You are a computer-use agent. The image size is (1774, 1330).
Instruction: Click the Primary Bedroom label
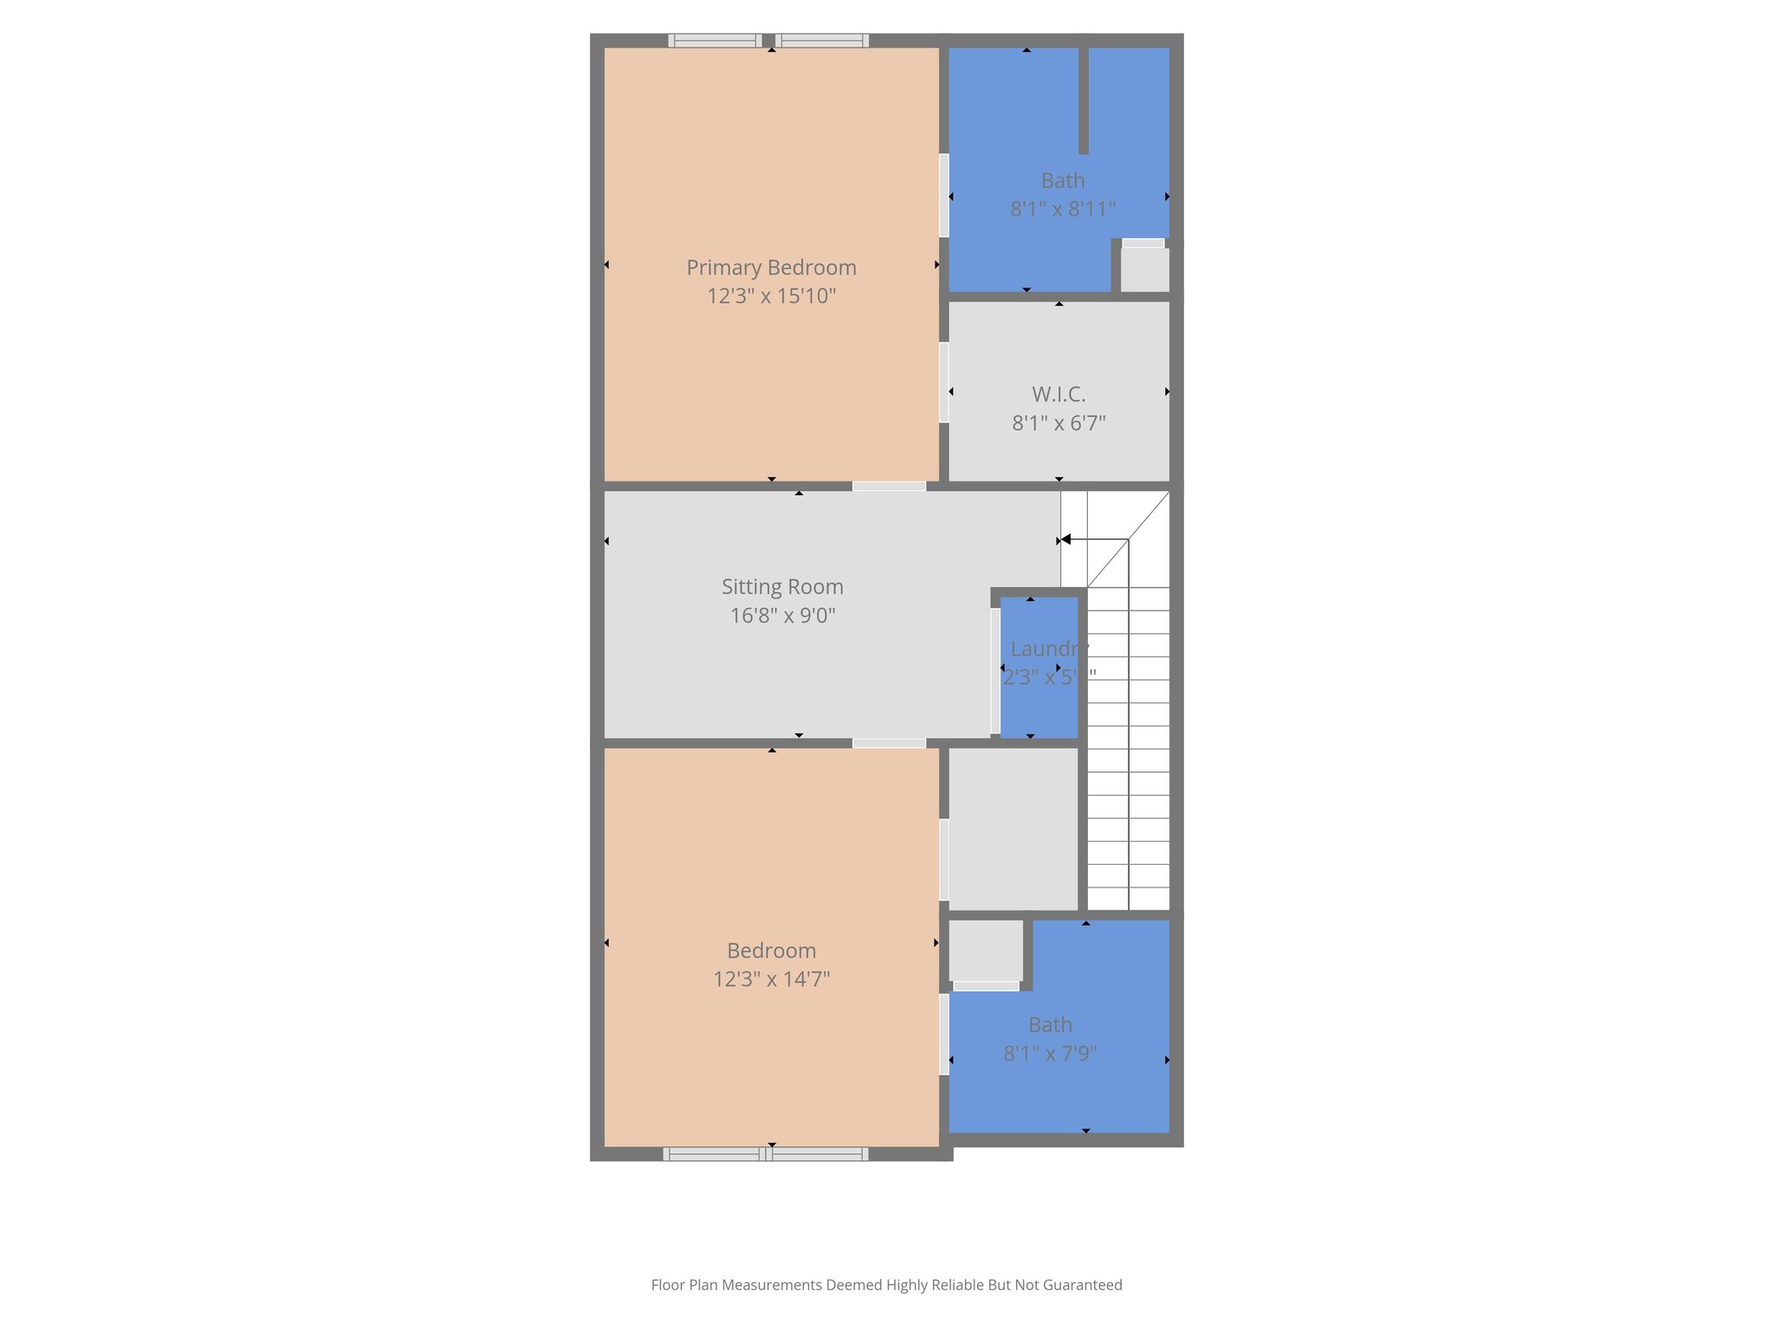pos(771,268)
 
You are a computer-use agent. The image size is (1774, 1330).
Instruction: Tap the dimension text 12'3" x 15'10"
pos(771,296)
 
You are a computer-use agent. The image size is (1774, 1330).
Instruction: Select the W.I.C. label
pos(1059,395)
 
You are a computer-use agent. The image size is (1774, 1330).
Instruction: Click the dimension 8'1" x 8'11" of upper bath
pos(1063,210)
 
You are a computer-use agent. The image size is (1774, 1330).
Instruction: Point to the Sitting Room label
pos(782,587)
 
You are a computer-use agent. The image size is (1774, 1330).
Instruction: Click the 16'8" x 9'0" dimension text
pos(782,616)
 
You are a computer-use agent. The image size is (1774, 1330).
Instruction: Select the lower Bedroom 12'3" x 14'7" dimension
pos(771,979)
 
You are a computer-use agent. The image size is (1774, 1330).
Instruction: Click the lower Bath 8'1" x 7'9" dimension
pos(1050,1054)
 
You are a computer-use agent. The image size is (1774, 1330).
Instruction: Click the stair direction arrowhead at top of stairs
pos(1066,539)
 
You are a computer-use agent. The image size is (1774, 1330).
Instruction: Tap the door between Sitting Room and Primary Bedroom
pos(889,487)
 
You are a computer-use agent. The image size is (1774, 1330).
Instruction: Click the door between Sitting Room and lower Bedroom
pos(889,743)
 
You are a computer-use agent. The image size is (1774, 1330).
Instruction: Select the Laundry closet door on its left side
pos(995,671)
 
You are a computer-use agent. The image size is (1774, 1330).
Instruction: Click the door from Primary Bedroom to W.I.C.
pos(943,383)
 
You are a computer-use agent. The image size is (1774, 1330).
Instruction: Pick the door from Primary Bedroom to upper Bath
pos(943,196)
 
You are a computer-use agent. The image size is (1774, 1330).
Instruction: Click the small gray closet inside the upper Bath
pos(1144,269)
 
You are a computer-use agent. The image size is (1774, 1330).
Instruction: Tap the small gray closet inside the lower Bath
pos(986,950)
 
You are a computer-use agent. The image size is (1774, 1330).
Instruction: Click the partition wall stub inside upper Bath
pos(1083,100)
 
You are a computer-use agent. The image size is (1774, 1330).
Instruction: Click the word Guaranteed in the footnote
pos(1082,1285)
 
